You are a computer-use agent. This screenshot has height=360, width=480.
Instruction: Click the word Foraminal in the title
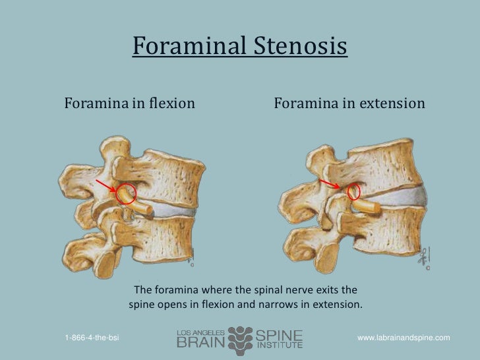pyautogui.click(x=188, y=47)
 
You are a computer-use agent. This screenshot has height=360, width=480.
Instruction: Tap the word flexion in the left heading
pyautogui.click(x=169, y=104)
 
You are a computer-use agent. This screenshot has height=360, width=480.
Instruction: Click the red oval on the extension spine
pyautogui.click(x=354, y=191)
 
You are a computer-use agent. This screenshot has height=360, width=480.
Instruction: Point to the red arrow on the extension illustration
pyautogui.click(x=331, y=183)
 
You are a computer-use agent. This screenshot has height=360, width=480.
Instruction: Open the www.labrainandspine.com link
pyautogui.click(x=404, y=338)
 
